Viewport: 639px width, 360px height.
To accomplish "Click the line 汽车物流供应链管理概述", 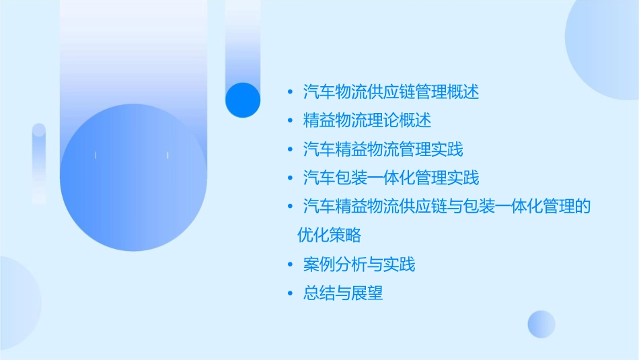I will [391, 92].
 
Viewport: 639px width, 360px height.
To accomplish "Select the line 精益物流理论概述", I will [367, 120].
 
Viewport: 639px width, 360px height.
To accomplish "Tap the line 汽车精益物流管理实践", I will [383, 149].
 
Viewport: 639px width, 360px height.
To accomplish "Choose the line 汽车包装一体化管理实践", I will [391, 178].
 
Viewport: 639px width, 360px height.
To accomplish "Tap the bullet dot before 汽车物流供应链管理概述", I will [289, 92].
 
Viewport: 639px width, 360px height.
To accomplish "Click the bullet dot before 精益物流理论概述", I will [289, 121].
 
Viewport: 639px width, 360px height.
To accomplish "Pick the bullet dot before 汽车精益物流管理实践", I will [289, 149].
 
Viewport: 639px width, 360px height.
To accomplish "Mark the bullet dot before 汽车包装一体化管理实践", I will [289, 178].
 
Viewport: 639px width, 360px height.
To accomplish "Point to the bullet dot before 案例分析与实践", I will [289, 264].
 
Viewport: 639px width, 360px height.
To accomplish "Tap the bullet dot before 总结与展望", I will [289, 293].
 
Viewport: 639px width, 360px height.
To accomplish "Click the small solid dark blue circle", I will [243, 100].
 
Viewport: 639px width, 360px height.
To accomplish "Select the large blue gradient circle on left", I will [133, 178].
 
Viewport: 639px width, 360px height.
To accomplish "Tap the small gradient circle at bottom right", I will [541, 324].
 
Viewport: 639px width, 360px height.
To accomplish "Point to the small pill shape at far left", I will [39, 163].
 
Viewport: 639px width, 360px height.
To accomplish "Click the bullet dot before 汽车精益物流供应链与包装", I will [289, 207].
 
